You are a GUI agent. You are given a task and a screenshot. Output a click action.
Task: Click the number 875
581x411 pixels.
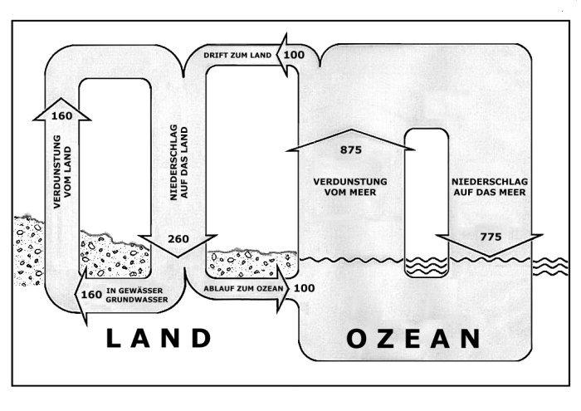351,150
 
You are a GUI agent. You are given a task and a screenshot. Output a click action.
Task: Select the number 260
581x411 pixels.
178,239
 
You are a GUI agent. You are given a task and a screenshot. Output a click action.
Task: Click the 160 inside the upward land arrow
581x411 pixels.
61,115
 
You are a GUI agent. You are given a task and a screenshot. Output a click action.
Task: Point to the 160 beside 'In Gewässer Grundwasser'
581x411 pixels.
88,294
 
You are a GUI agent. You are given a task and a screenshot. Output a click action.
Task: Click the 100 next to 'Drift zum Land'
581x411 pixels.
294,55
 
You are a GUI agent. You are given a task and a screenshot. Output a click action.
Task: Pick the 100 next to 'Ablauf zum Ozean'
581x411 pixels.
304,288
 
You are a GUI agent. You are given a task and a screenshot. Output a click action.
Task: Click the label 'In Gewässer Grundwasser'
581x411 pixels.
137,295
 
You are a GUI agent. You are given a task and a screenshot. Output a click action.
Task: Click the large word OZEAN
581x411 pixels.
413,339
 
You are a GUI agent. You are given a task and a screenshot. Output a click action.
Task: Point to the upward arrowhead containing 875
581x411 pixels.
349,139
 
